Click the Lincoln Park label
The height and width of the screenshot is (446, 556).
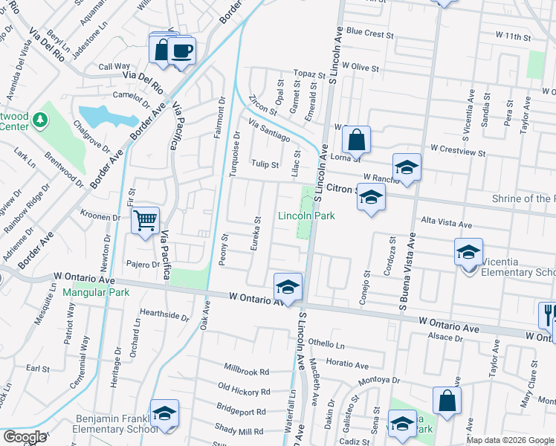coord(306,216)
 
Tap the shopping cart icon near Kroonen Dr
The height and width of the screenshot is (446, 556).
coord(145,220)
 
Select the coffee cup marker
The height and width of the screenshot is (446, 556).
coord(181,51)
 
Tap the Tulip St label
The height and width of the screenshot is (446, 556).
coord(264,164)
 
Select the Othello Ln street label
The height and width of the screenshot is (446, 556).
coord(327,344)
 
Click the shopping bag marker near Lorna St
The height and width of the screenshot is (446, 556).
coord(357,140)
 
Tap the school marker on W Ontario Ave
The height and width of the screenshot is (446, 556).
coord(288,287)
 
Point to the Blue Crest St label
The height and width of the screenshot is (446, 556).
coord(369,33)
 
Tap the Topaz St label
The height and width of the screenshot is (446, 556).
coord(309,75)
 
